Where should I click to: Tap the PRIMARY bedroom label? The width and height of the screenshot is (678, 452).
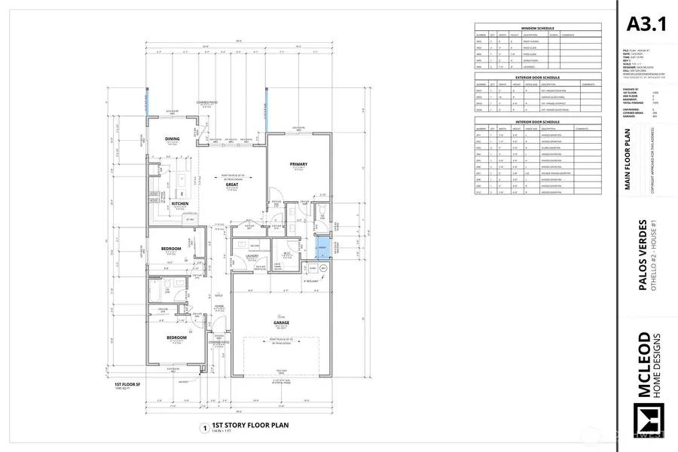click(299, 163)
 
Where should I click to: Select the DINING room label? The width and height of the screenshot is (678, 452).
click(173, 139)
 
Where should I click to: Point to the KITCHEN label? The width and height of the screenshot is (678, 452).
click(179, 203)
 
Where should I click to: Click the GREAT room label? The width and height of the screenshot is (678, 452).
click(232, 184)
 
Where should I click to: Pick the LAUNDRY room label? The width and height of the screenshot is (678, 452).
click(252, 256)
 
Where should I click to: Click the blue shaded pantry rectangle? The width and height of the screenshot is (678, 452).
click(322, 246)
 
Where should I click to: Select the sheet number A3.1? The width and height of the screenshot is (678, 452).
click(646, 24)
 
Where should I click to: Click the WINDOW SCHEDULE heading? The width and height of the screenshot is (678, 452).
click(537, 28)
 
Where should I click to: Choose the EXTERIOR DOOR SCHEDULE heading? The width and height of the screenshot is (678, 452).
click(537, 76)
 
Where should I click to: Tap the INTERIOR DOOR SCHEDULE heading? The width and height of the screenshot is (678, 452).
click(537, 121)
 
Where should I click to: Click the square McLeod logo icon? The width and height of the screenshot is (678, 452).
click(646, 420)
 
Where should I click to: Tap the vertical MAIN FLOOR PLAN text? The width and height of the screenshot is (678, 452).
click(628, 163)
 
